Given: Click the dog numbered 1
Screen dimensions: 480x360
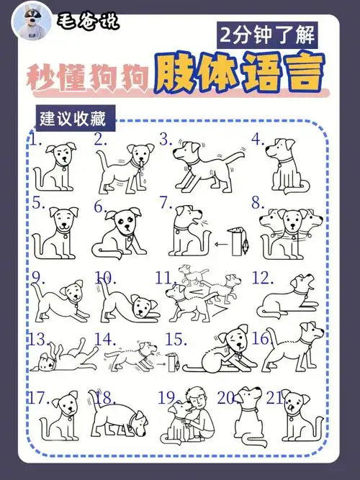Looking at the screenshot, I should pos(58,166).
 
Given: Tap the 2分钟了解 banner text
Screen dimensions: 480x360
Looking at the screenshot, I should pos(266,34).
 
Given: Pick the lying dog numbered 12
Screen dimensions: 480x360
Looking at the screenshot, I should pos(288,299).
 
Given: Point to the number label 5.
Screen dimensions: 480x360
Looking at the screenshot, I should pos(38,203).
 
